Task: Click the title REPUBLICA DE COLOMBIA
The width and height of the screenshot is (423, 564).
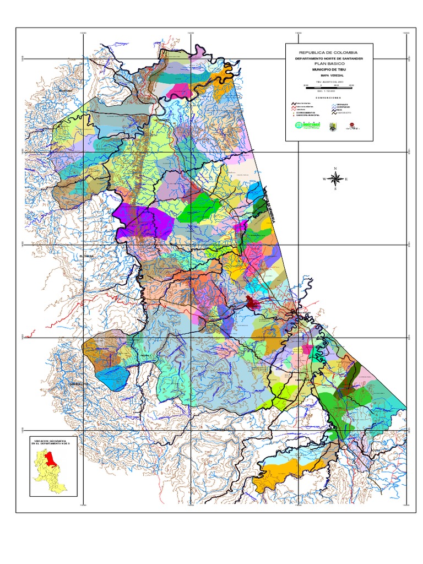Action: click(329, 52)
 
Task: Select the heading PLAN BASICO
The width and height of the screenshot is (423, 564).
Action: click(329, 64)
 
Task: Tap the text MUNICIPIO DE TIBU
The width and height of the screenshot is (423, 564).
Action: click(329, 70)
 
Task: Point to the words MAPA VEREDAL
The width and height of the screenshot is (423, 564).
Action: click(329, 76)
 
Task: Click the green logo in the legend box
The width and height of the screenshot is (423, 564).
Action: click(307, 126)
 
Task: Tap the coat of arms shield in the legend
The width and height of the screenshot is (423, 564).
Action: click(333, 126)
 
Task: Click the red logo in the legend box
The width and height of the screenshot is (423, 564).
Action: click(351, 126)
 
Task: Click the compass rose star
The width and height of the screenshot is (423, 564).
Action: click(335, 178)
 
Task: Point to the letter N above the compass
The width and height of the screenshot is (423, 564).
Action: click(335, 169)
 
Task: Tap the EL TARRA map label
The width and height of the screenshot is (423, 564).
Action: click(86, 256)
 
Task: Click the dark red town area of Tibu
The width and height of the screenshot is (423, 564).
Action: click(253, 302)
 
